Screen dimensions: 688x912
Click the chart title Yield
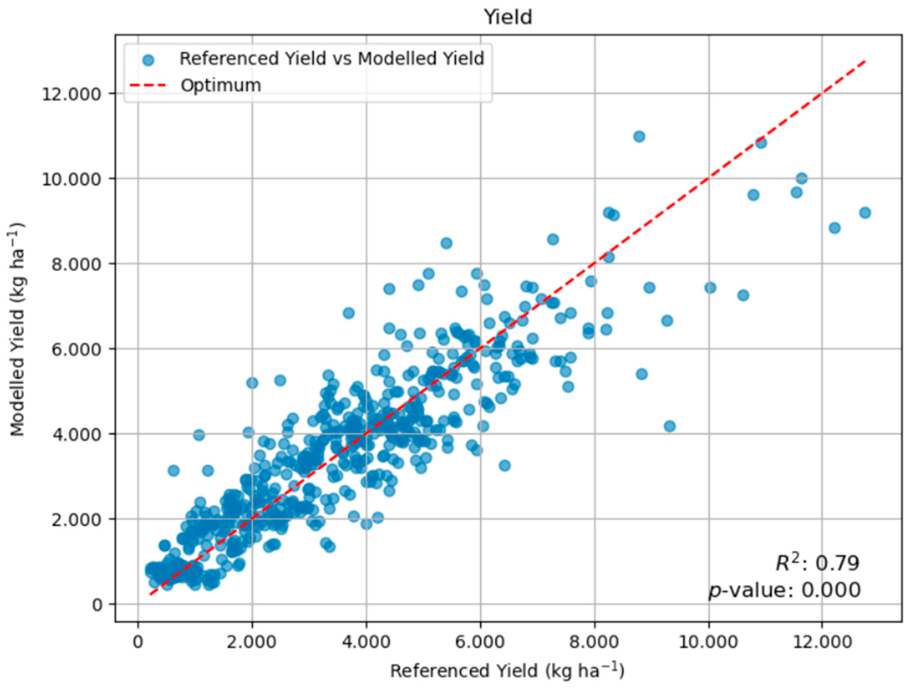tap(508, 17)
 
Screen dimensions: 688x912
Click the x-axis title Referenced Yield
tap(507, 671)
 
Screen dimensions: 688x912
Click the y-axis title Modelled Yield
tap(17, 330)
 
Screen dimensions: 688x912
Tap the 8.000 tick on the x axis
tap(594, 643)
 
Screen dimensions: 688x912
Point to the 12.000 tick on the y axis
tap(71, 94)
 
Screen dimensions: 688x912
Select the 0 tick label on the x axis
tap(138, 643)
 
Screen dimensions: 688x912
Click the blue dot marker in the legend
tap(148, 61)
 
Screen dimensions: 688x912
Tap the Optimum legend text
tap(221, 85)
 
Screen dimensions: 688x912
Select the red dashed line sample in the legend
tap(148, 86)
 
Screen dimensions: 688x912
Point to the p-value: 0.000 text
tap(784, 590)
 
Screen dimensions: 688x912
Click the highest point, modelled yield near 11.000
tap(639, 137)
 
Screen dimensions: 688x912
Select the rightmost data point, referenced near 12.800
tap(865, 213)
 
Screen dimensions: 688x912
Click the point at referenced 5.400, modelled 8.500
tap(446, 243)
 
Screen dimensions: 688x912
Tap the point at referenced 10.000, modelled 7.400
tap(710, 287)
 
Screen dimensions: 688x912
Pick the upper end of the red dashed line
tap(865, 61)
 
